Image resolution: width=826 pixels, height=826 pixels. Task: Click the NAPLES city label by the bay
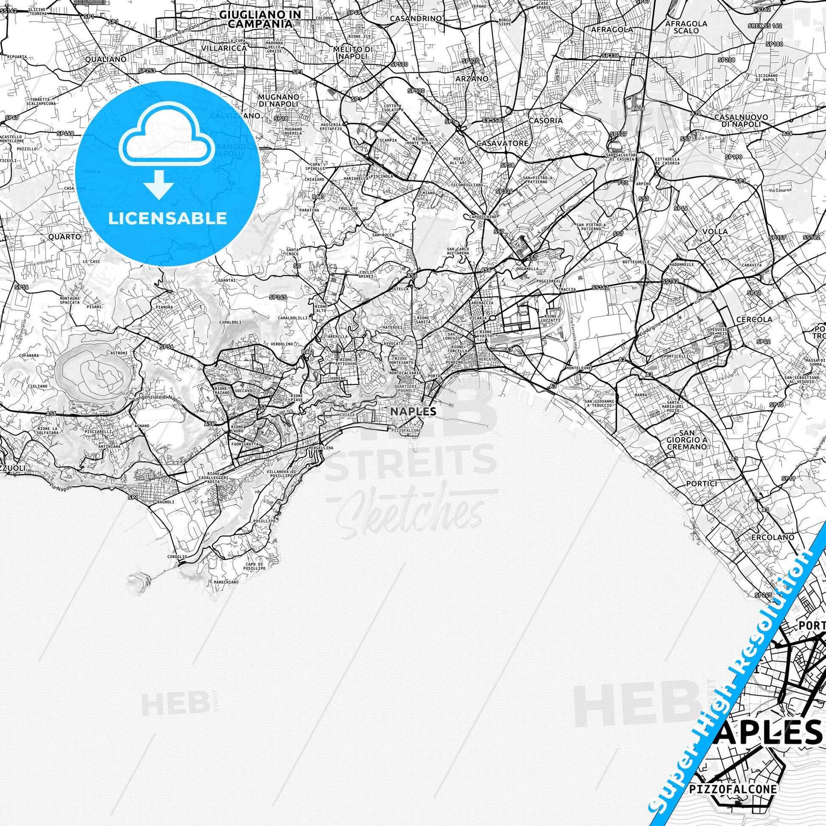pyautogui.click(x=413, y=411)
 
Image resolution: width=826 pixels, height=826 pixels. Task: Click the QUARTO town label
pyautogui.click(x=65, y=236)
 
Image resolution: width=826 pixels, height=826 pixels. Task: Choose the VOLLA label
pyautogui.click(x=715, y=231)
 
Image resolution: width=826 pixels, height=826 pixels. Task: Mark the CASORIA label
pyautogui.click(x=545, y=121)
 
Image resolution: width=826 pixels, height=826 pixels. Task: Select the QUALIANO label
pyautogui.click(x=106, y=59)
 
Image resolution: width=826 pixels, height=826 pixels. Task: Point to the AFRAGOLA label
pyautogui.click(x=618, y=30)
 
